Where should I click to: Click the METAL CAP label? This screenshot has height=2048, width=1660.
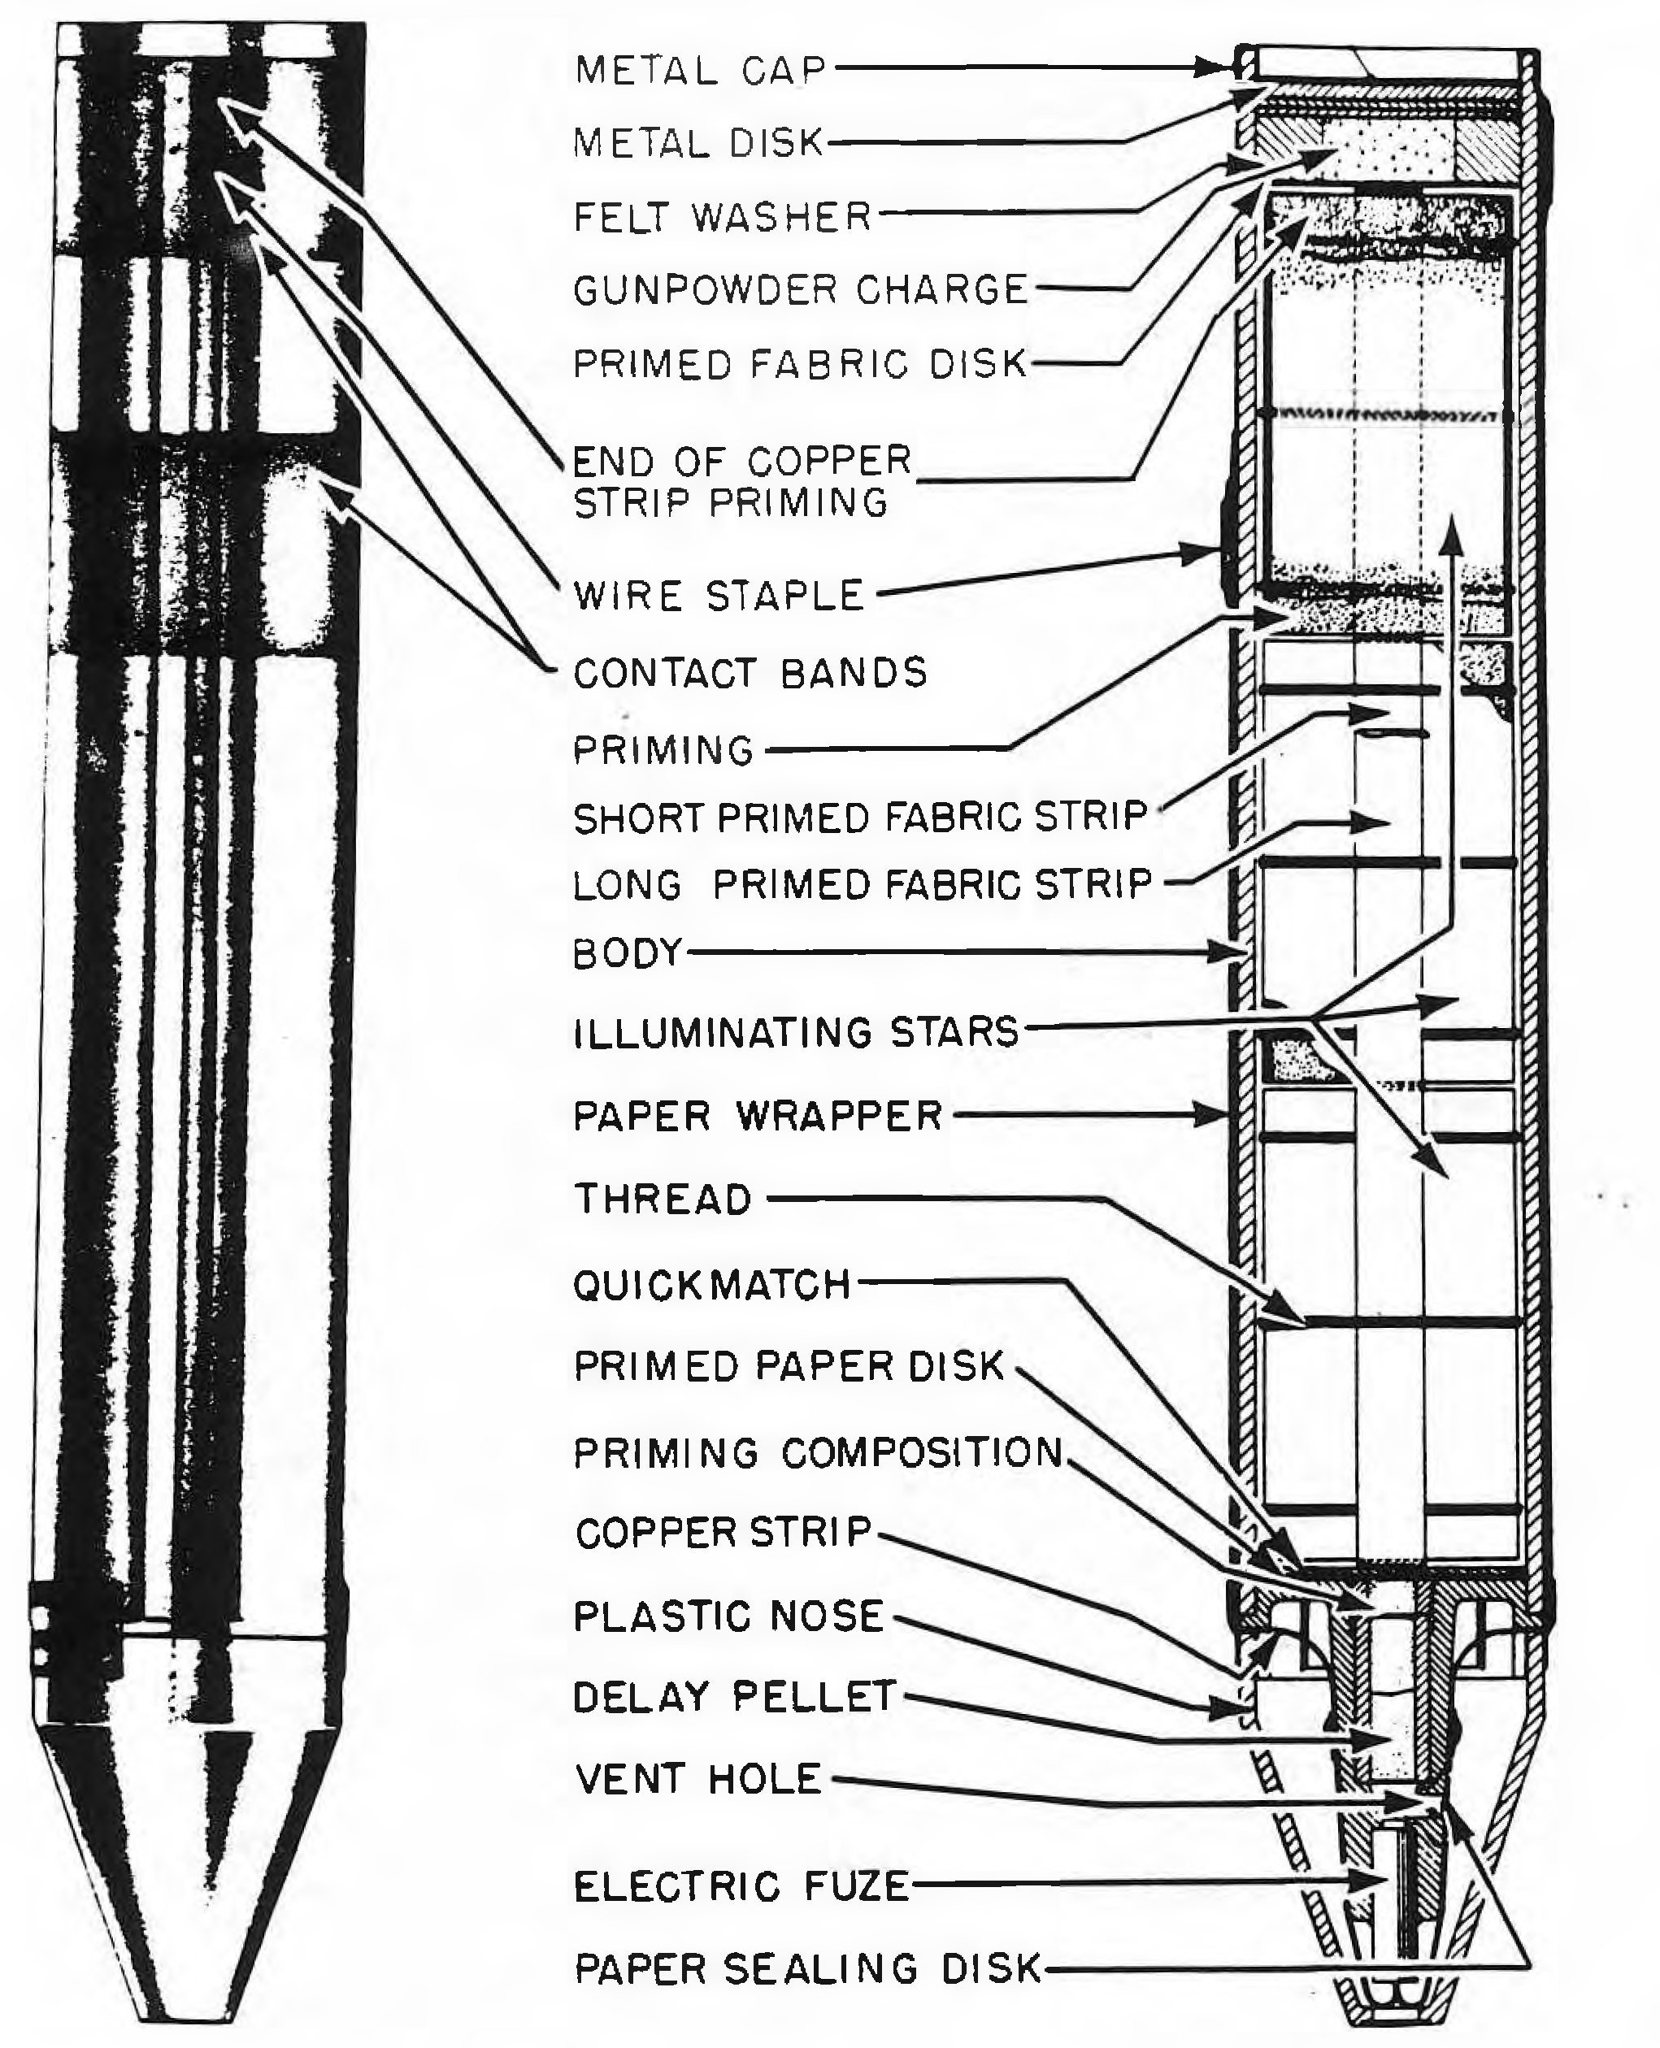click(700, 70)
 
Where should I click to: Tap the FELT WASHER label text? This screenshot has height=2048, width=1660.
click(723, 217)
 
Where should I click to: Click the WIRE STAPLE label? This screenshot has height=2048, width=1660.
click(719, 596)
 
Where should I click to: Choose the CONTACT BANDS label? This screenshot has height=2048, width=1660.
click(750, 673)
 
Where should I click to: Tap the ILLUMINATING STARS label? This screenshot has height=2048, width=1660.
click(797, 1033)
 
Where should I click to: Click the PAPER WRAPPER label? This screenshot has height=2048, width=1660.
click(758, 1116)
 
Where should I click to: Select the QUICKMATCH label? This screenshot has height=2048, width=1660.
click(712, 1285)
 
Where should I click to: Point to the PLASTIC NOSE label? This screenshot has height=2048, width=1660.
click(728, 1616)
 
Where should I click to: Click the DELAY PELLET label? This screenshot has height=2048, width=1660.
click(734, 1696)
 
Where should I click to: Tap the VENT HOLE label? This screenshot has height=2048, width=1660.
click(698, 1778)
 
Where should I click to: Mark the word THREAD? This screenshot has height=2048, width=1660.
click(663, 1199)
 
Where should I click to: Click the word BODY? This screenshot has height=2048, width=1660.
click(628, 953)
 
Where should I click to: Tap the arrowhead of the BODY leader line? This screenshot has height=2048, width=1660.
click(1236, 952)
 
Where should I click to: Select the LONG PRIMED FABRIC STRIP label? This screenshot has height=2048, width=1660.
click(863, 884)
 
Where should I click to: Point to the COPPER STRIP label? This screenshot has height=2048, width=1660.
click(724, 1533)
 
